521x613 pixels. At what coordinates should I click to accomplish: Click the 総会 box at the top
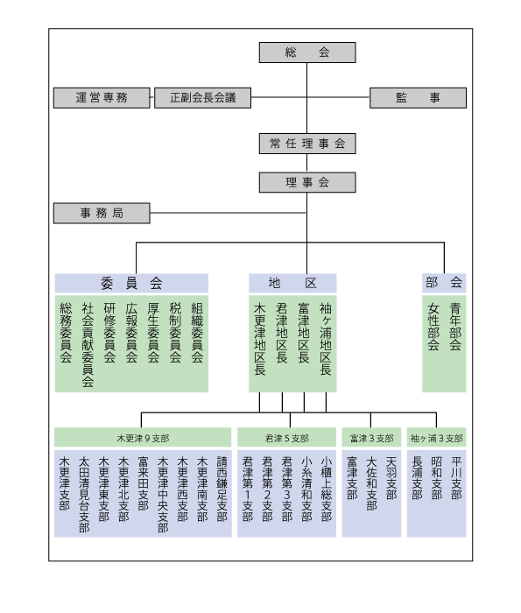tap(307, 53)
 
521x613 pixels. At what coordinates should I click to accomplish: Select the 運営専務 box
tap(102, 98)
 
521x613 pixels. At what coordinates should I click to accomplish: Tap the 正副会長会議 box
tap(202, 98)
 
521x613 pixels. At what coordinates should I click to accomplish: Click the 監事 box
tap(418, 98)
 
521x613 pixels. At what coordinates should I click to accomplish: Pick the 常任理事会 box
tap(307, 144)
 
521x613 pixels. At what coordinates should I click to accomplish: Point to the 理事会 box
tap(307, 182)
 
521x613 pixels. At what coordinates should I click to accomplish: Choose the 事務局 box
tap(102, 213)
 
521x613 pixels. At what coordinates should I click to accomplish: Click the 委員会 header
tap(131, 283)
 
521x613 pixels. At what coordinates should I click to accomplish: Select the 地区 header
tap(292, 283)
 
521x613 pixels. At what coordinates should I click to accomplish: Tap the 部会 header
tap(444, 283)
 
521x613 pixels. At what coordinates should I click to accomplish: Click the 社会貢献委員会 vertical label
tap(88, 344)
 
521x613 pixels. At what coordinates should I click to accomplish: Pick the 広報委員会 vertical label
tap(131, 332)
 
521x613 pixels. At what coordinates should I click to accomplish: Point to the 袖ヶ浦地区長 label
tap(325, 339)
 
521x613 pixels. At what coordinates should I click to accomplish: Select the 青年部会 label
tap(455, 326)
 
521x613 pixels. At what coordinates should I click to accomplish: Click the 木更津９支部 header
tap(143, 438)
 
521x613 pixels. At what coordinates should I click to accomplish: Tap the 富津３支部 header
tap(371, 438)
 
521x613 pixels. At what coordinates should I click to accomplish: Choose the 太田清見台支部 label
tap(84, 494)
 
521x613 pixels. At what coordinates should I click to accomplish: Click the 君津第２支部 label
tap(267, 489)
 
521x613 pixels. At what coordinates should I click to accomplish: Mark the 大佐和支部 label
tap(371, 483)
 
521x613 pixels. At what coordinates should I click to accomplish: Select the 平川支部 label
tap(456, 478)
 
